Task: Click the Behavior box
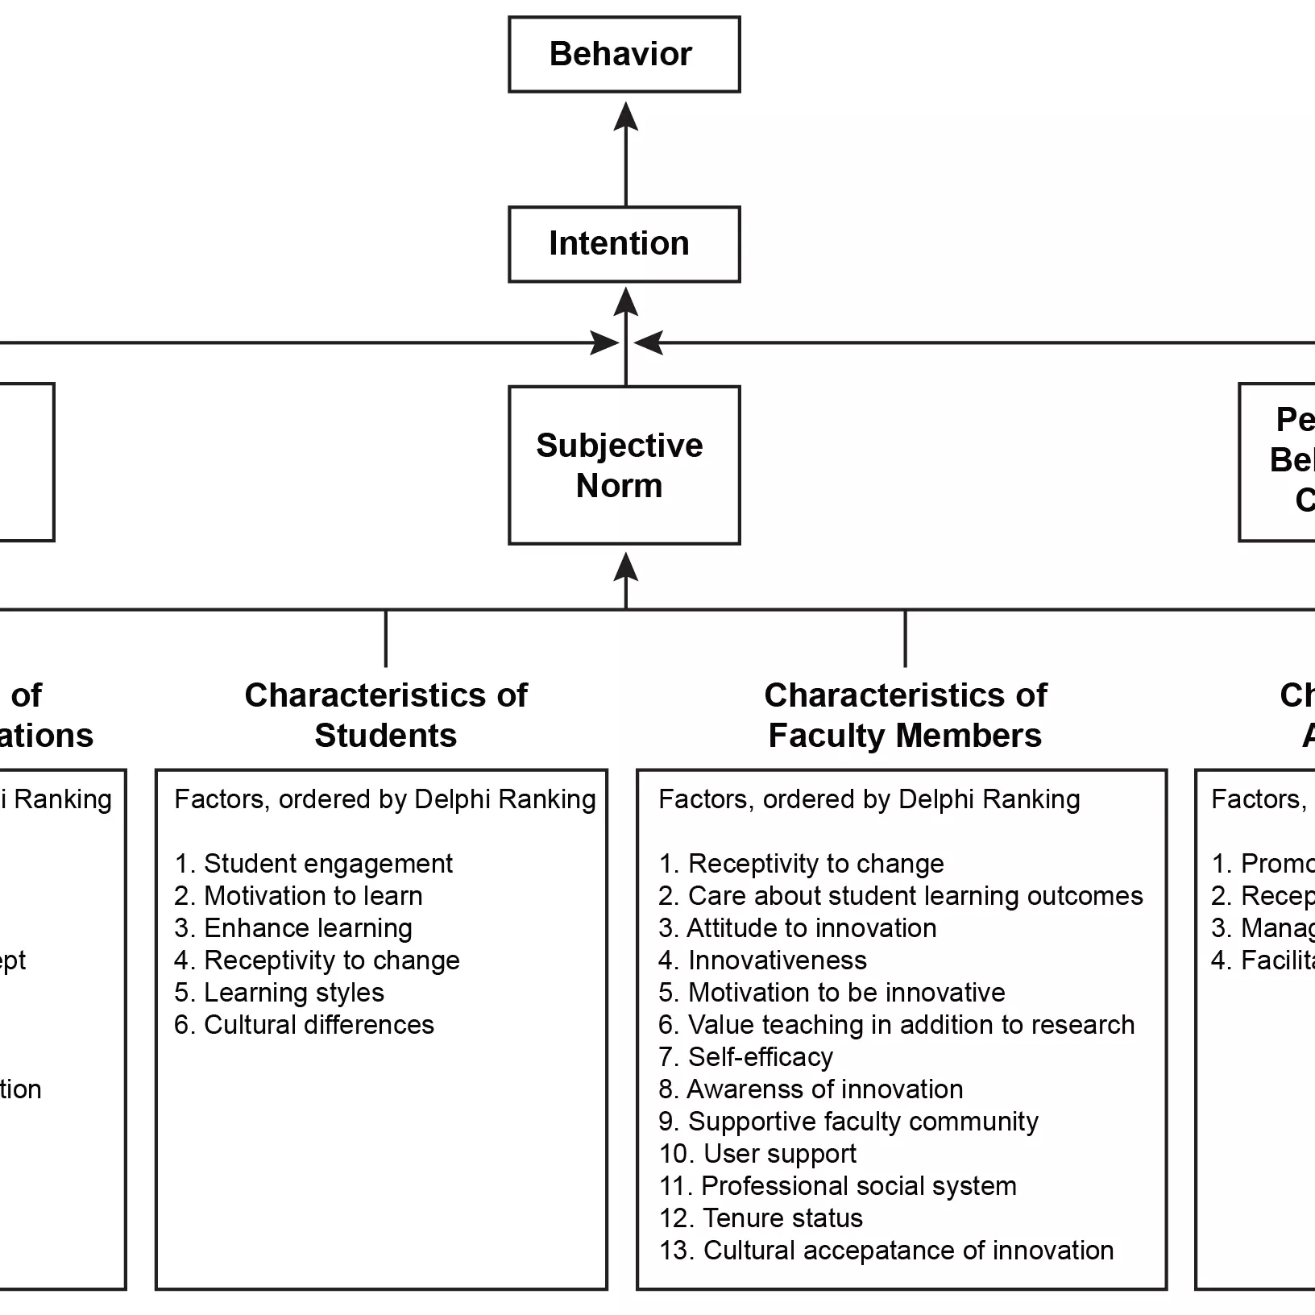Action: tap(624, 55)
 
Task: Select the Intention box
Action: tap(624, 244)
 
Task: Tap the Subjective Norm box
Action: tap(624, 465)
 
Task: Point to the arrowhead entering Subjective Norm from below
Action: tap(625, 567)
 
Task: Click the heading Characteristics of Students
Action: tap(385, 715)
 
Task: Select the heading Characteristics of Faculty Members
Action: tap(905, 715)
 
